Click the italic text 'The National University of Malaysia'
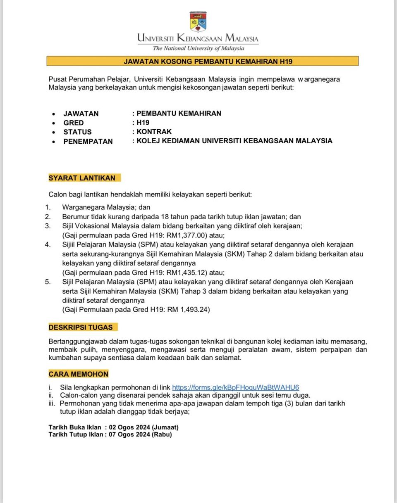pos(198,48)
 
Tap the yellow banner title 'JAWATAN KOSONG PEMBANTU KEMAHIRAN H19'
pos(202,62)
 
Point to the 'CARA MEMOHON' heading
pos(79,374)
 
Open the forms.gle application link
pos(235,387)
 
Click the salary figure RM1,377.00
pos(186,235)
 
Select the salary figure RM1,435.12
pos(186,273)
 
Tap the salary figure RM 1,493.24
pos(188,309)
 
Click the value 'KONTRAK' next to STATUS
pos(154,132)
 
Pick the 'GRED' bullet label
pos(74,123)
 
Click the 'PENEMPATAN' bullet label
pos(88,141)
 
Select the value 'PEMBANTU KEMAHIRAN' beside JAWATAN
pos(179,113)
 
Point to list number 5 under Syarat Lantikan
pos(48,282)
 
